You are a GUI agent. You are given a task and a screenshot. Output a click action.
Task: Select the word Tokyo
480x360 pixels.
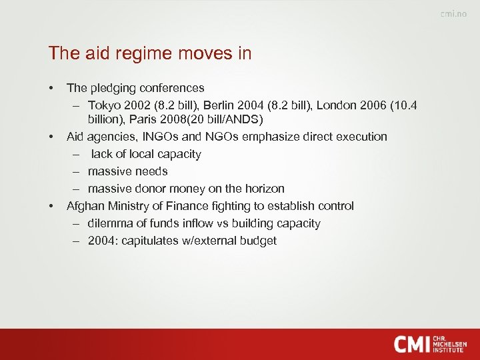coord(104,105)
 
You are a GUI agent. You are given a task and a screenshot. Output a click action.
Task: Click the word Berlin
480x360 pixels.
coord(220,105)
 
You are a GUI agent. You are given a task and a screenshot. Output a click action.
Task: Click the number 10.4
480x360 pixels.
coord(405,105)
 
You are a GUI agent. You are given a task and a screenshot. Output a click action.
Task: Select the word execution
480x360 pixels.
coord(361,137)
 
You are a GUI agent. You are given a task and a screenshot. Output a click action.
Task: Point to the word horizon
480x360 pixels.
coord(263,189)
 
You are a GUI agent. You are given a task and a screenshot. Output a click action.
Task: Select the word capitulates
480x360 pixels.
coord(150,241)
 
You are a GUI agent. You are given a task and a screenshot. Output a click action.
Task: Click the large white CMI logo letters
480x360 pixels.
coord(411,343)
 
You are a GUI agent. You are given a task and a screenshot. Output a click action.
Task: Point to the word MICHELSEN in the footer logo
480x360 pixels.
coord(450,344)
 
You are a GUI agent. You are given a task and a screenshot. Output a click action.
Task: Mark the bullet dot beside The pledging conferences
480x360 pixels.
coord(51,88)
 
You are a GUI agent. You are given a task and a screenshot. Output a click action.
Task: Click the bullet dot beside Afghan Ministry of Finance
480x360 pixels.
coord(51,206)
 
